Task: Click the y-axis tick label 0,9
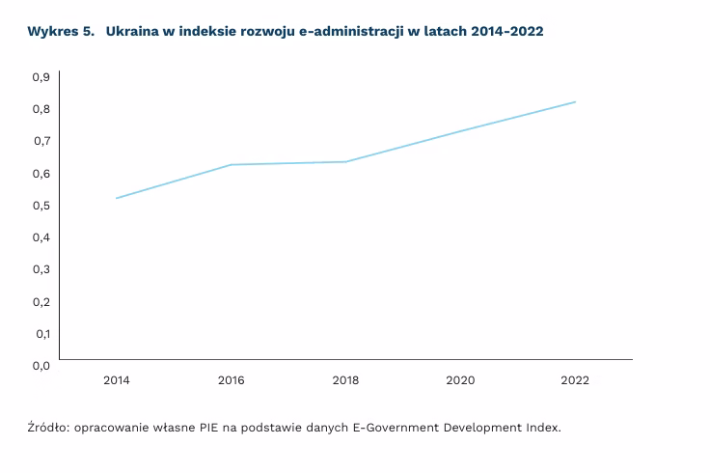click(41, 76)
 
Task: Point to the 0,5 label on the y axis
click(41, 205)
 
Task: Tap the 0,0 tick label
click(41, 365)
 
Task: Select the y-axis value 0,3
click(41, 268)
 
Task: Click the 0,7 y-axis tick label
click(41, 141)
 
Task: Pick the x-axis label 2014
click(116, 380)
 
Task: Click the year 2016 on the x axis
click(231, 380)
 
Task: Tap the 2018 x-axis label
click(345, 380)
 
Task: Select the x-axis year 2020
click(460, 380)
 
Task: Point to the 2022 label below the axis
click(575, 380)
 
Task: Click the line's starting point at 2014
click(116, 198)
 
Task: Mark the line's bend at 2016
click(231, 165)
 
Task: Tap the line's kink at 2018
click(345, 161)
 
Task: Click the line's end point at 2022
click(575, 101)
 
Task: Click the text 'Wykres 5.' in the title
click(61, 32)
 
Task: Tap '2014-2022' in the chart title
click(507, 32)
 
